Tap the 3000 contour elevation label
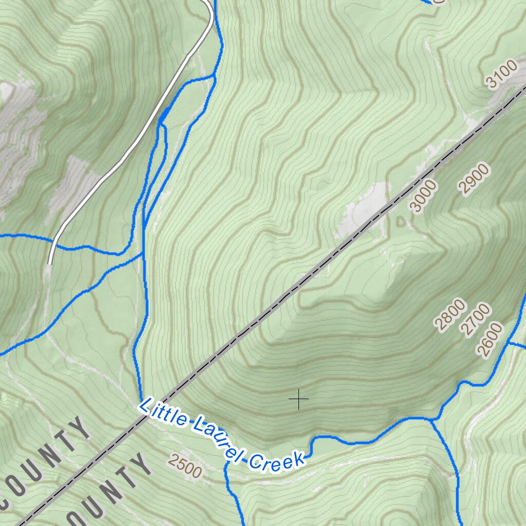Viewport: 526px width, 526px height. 424,196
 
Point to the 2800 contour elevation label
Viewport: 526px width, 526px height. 450,313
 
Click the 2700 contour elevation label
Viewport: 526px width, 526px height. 475,319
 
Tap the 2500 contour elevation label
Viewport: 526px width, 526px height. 184,465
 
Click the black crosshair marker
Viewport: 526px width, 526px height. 298,399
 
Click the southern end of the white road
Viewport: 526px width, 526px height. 50,263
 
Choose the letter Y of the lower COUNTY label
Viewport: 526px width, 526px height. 140,465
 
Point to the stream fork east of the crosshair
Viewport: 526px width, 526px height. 431,419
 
